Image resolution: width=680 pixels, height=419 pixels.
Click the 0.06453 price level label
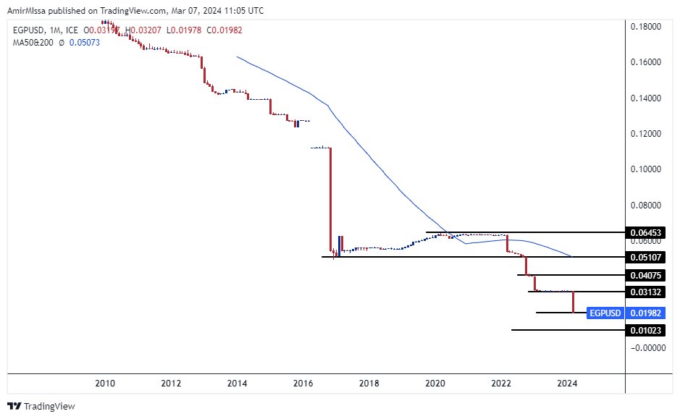tap(646, 233)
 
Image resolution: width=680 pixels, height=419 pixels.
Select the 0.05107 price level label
tap(646, 257)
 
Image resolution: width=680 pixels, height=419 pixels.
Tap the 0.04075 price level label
tap(646, 275)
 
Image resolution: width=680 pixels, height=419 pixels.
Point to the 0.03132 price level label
tap(646, 292)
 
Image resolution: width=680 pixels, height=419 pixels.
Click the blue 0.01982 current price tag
tap(646, 313)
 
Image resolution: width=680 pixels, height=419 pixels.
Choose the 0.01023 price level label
tap(646, 330)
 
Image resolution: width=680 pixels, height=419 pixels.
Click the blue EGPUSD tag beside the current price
tap(605, 313)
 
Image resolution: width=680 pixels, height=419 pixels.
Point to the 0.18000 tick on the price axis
tap(645, 27)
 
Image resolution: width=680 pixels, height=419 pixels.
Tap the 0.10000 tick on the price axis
tap(645, 169)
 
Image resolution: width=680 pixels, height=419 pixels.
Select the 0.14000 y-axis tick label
tap(645, 98)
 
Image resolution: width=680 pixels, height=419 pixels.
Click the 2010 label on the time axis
tap(105, 383)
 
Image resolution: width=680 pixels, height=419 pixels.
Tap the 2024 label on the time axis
tap(568, 383)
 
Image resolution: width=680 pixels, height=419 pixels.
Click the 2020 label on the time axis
tap(435, 383)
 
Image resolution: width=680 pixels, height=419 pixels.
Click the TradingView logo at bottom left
tap(41, 407)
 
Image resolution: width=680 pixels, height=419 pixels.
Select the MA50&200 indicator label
tap(33, 43)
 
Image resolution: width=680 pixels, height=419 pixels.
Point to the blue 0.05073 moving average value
tap(87, 43)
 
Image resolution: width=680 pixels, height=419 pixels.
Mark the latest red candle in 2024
tap(574, 302)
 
